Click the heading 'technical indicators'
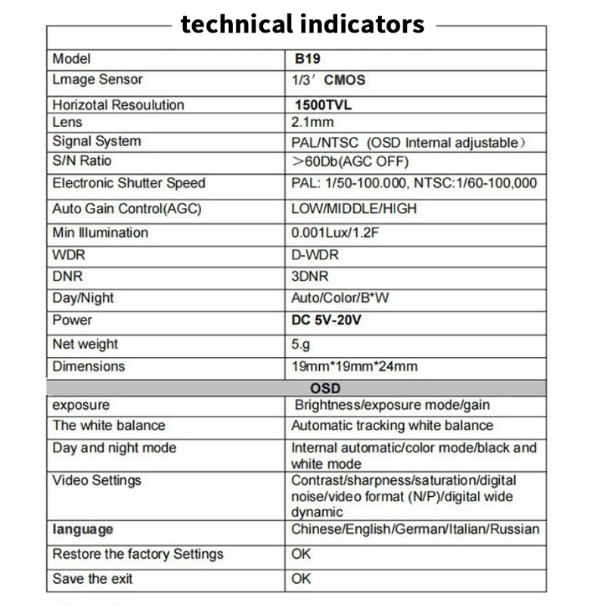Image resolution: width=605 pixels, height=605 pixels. [302, 24]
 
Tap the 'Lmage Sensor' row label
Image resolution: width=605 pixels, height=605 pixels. [98, 79]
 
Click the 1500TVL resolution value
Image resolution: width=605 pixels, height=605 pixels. [324, 105]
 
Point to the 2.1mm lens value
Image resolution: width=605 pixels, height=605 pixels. [312, 123]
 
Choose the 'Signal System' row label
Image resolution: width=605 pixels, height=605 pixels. [97, 141]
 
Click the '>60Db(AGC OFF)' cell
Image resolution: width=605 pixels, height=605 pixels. [350, 162]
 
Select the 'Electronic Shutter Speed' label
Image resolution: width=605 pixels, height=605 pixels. [129, 183]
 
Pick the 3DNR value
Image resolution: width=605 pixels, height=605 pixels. [310, 276]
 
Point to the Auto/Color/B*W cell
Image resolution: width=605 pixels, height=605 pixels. [340, 298]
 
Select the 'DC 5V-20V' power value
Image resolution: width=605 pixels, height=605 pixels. [327, 320]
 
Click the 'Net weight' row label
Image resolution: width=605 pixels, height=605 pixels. [85, 344]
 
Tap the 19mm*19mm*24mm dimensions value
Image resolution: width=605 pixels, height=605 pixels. [355, 367]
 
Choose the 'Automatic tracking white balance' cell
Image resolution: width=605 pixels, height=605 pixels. [392, 426]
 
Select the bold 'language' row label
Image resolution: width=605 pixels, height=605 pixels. [83, 529]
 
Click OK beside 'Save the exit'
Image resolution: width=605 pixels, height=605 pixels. [301, 579]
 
